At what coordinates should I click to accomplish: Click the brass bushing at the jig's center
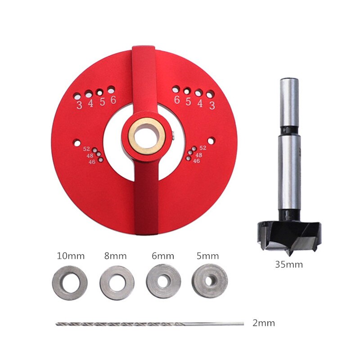131,136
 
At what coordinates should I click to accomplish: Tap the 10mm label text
71,256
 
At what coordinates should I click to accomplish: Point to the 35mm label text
289,265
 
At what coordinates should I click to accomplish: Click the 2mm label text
264,323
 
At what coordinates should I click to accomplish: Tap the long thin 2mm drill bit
150,324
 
